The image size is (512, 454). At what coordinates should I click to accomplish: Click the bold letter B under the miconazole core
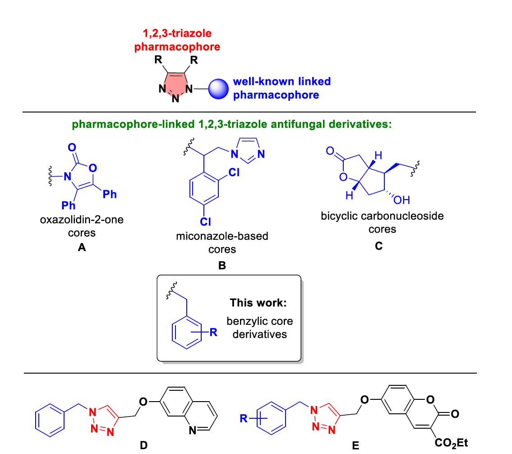[x=222, y=266]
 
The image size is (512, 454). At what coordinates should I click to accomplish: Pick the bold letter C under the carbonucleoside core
[x=378, y=246]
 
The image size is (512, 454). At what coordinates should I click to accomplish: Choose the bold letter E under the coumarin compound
[x=355, y=446]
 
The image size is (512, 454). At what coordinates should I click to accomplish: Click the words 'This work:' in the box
[x=258, y=303]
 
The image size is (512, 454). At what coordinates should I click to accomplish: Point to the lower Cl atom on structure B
[x=206, y=221]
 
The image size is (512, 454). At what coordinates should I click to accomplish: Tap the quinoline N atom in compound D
[x=193, y=431]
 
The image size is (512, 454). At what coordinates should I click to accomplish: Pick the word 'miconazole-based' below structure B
[x=222, y=236]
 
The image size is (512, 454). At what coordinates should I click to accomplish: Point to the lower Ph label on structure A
[x=69, y=206]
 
